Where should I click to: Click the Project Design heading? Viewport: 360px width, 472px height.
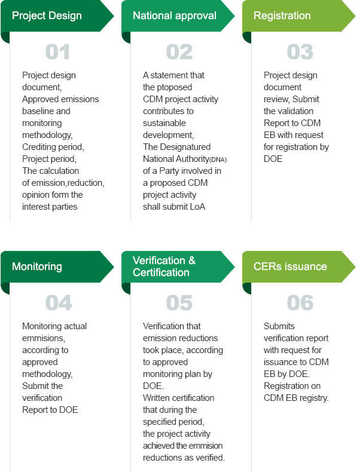click(x=47, y=16)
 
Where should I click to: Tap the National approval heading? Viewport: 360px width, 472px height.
click(x=175, y=16)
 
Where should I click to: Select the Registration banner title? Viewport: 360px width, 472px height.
click(x=282, y=16)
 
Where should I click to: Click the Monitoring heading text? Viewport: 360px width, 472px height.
click(x=37, y=266)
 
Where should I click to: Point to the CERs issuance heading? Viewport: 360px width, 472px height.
click(x=290, y=266)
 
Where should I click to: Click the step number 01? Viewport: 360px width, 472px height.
click(x=57, y=52)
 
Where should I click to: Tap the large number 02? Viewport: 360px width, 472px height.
click(x=179, y=52)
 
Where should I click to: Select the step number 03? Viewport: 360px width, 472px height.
click(x=300, y=52)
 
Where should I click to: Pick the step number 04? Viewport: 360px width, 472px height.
click(x=59, y=303)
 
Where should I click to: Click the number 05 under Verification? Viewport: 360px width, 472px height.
click(x=179, y=303)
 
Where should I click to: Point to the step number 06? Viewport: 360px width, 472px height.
click(x=300, y=303)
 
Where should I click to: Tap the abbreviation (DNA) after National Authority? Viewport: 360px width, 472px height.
click(x=218, y=160)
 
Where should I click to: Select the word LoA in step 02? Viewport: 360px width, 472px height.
click(x=197, y=207)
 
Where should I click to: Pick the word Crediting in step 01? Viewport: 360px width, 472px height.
click(x=39, y=147)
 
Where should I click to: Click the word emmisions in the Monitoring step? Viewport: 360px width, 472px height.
click(x=44, y=338)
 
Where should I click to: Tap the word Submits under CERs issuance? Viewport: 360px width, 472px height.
click(x=279, y=326)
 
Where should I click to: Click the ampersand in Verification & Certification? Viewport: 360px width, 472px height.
click(x=192, y=260)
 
